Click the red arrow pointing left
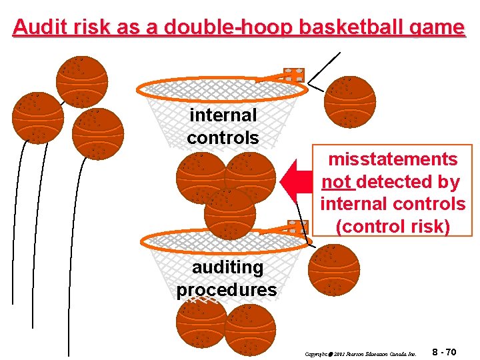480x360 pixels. [x=297, y=180]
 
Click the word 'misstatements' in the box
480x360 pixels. [x=393, y=159]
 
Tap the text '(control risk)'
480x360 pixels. [x=393, y=226]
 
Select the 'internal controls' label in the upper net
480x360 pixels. [x=223, y=126]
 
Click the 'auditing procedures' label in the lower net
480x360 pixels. [x=227, y=279]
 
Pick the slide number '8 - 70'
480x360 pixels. [x=444, y=352]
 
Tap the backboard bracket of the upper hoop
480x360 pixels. [x=293, y=75]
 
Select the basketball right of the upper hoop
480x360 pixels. [x=350, y=101]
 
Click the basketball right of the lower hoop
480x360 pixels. [x=333, y=269]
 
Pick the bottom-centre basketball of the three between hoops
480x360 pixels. [x=229, y=214]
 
